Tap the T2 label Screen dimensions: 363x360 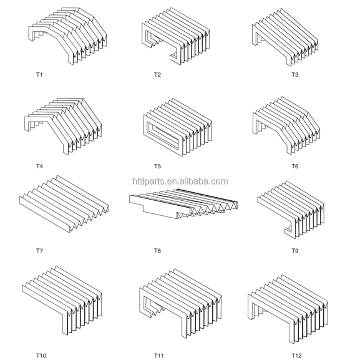point(157,75)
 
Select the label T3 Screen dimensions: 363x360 point(295,75)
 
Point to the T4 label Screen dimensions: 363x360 point(39,166)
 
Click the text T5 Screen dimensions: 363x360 point(157,166)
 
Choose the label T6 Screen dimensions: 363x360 point(295,166)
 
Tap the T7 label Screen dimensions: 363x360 point(39,250)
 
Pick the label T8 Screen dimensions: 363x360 point(157,250)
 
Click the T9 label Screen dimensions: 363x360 point(295,250)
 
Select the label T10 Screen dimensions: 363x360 point(41,356)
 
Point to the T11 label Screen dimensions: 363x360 point(159,356)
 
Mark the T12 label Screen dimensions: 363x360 point(296,356)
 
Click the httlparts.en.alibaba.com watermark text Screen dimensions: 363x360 point(180,181)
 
